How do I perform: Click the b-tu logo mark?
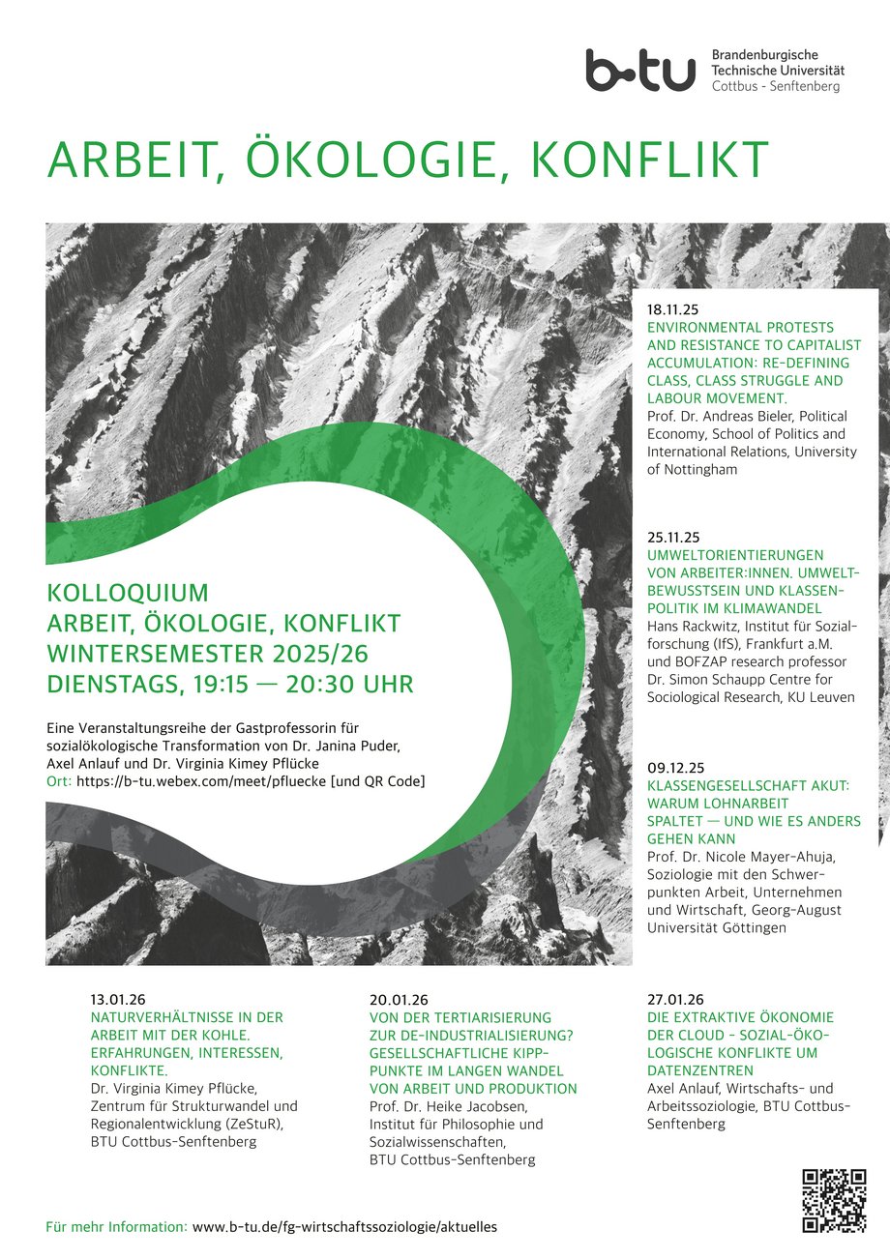(639, 71)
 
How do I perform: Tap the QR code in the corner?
(833, 1200)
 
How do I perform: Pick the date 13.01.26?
(118, 1000)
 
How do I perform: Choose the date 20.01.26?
(398, 1000)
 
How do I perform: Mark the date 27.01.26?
(675, 1000)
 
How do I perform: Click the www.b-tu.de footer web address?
(345, 1226)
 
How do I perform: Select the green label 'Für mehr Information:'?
(116, 1226)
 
